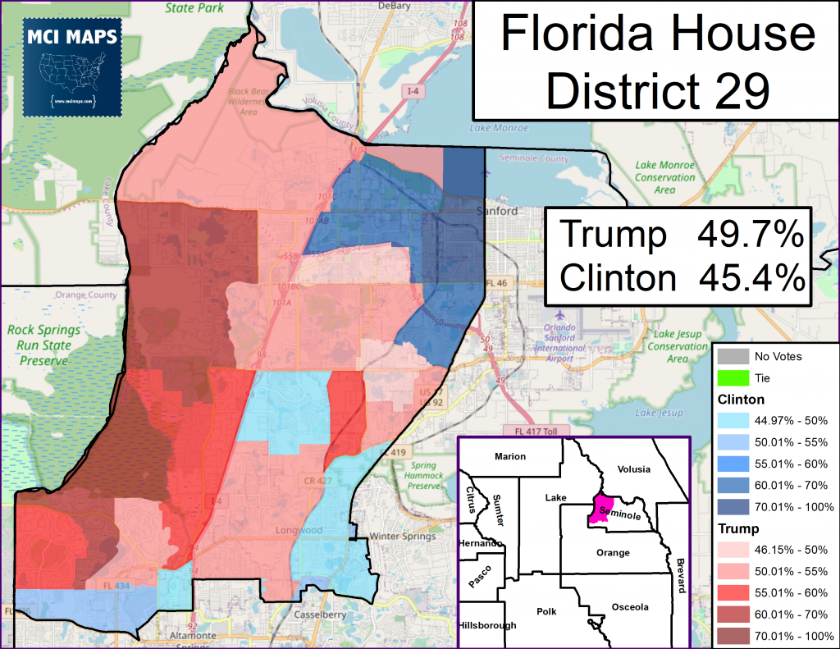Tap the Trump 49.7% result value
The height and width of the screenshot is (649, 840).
pos(749,235)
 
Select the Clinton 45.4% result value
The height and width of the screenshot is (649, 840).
pos(749,278)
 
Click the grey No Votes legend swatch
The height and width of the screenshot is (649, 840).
pos(733,356)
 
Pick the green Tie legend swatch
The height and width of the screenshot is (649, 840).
pos(733,377)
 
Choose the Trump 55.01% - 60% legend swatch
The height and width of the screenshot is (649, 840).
pos(733,592)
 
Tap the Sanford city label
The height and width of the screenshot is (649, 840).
pos(497,211)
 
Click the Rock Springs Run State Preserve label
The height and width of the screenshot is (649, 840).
pos(39,345)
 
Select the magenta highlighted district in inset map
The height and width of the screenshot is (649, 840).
pos(604,509)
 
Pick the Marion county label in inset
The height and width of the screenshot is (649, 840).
pos(509,456)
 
